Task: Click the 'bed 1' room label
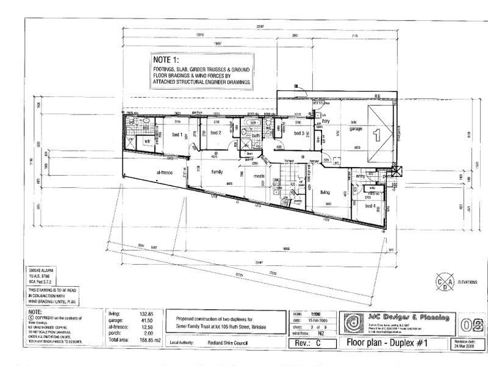(178, 135)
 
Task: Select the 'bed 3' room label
(299, 133)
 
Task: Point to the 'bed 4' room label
(370, 206)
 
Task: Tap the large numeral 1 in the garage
(377, 133)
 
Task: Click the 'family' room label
(217, 172)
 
